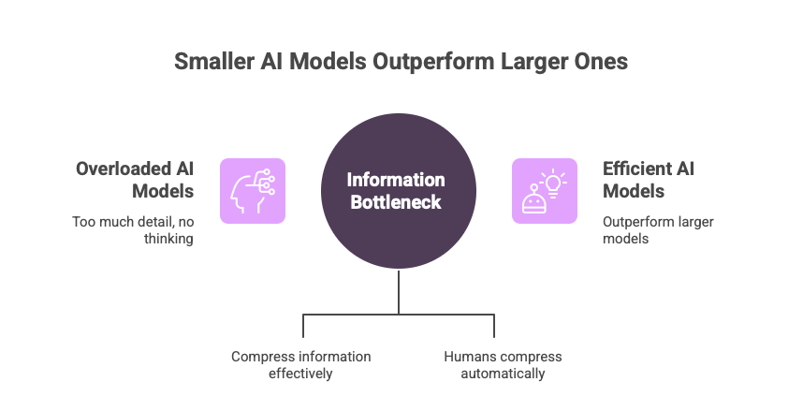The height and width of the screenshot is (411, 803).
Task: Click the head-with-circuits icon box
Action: pyautogui.click(x=253, y=190)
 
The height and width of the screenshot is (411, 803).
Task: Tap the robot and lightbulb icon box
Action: pyautogui.click(x=544, y=190)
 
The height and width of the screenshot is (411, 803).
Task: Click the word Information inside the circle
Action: pyautogui.click(x=397, y=179)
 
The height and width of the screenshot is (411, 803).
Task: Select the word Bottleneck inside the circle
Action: pyautogui.click(x=397, y=201)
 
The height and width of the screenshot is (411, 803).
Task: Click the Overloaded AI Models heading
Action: pyautogui.click(x=135, y=180)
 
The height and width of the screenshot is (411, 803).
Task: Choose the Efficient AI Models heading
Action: pyautogui.click(x=648, y=180)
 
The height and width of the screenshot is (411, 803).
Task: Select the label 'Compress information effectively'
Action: pyautogui.click(x=300, y=365)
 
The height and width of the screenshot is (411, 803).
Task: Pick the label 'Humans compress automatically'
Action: pyautogui.click(x=503, y=365)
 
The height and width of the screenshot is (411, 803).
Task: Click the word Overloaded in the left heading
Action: pyautogui.click(x=123, y=169)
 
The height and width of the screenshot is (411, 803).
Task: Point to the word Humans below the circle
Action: pyautogui.click(x=466, y=357)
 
